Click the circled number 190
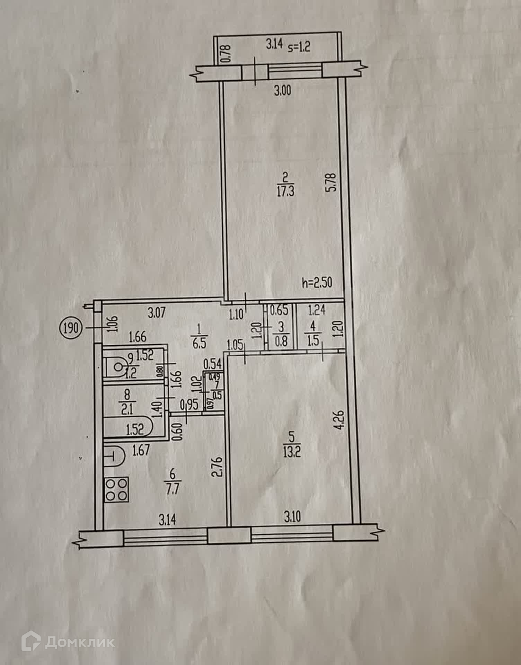(71, 327)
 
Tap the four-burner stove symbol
(116, 489)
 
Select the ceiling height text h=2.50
(317, 283)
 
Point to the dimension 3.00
(283, 91)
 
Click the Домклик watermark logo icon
(31, 642)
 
